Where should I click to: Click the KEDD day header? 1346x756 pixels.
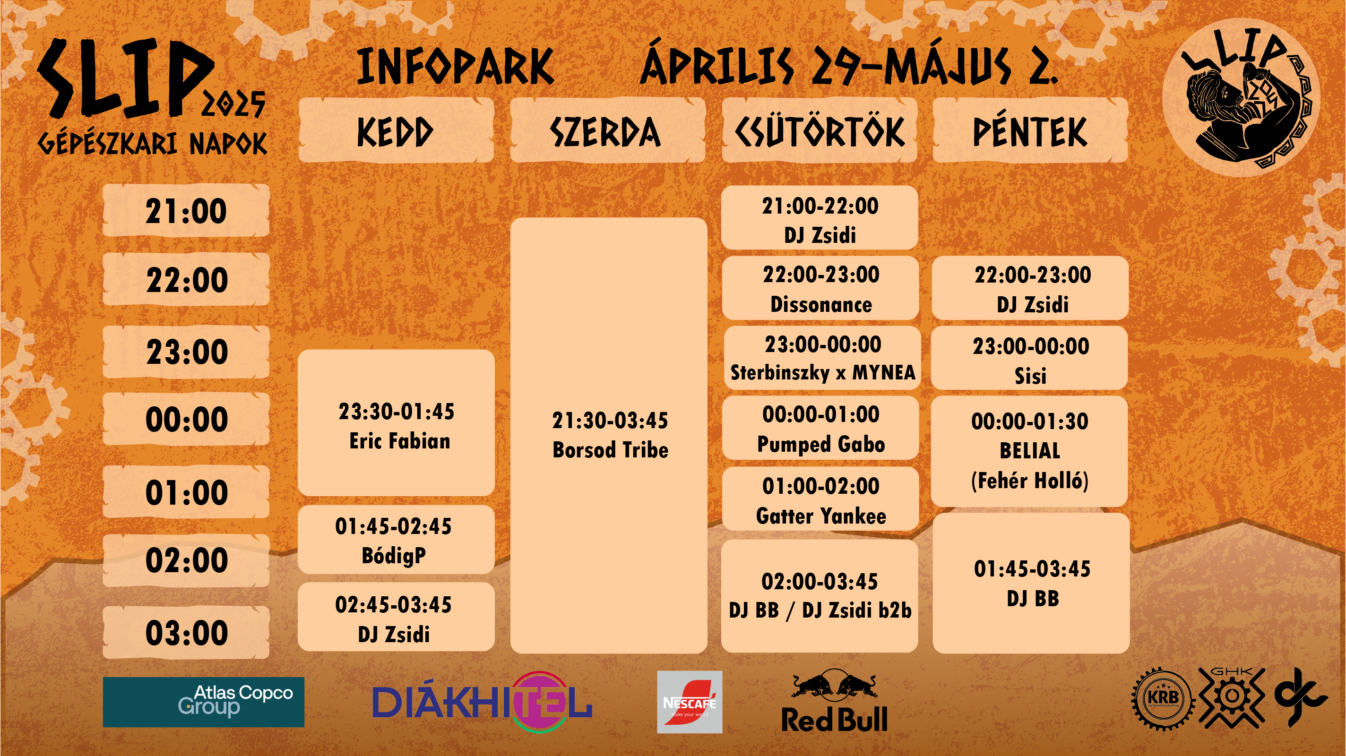pyautogui.click(x=396, y=130)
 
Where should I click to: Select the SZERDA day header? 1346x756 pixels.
pyautogui.click(x=608, y=130)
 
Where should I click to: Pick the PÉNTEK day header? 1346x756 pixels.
pyautogui.click(x=1030, y=130)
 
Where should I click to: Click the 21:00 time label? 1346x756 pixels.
pyautogui.click(x=186, y=211)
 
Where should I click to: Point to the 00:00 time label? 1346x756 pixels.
pyautogui.click(x=186, y=419)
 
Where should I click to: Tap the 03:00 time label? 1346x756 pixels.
pyautogui.click(x=186, y=633)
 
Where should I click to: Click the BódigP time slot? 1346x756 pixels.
pyautogui.click(x=396, y=540)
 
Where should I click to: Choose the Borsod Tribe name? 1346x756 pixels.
pyautogui.click(x=610, y=450)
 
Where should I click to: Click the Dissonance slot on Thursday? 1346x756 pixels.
pyautogui.click(x=820, y=288)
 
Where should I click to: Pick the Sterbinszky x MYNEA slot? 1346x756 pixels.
pyautogui.click(x=822, y=358)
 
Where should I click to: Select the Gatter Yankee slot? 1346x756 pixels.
pyautogui.click(x=820, y=499)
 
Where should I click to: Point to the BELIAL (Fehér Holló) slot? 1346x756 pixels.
pyautogui.click(x=1029, y=451)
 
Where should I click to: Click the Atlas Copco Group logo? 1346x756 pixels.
pyautogui.click(x=204, y=702)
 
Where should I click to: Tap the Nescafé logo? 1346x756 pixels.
pyautogui.click(x=690, y=702)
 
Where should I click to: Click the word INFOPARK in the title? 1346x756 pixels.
pyautogui.click(x=455, y=66)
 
